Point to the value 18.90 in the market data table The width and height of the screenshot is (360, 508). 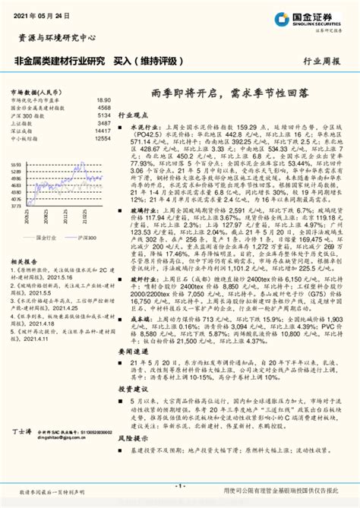pos(104,100)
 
